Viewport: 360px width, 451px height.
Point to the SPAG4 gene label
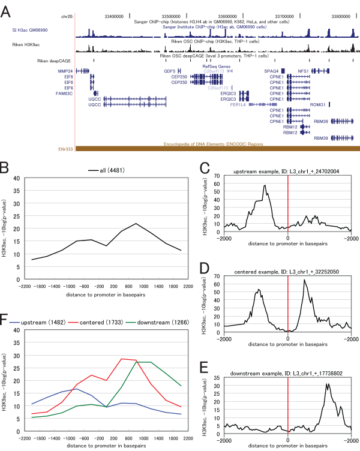click(278, 71)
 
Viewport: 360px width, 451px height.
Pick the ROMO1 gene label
click(318, 104)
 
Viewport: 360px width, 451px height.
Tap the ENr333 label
click(65, 148)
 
